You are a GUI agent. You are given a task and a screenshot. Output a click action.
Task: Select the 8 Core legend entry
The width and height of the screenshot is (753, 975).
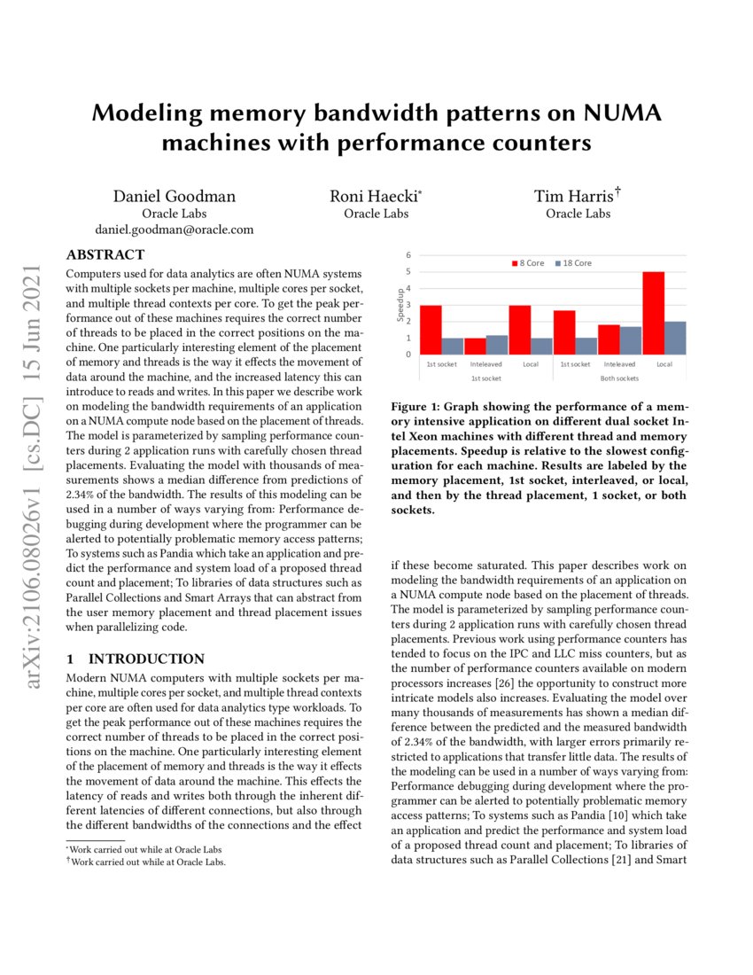[x=529, y=263]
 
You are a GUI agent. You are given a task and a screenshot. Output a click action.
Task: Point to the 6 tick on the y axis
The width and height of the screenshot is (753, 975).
[x=409, y=255]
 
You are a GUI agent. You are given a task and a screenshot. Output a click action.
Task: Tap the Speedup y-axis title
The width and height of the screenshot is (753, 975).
[x=400, y=304]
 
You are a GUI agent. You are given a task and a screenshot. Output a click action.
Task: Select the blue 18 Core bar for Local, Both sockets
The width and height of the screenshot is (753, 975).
[x=675, y=338]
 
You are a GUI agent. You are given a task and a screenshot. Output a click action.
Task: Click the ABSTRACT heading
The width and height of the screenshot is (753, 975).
[x=105, y=254]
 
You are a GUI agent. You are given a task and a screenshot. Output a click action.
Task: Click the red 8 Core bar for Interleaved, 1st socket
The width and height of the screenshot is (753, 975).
[x=475, y=346]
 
